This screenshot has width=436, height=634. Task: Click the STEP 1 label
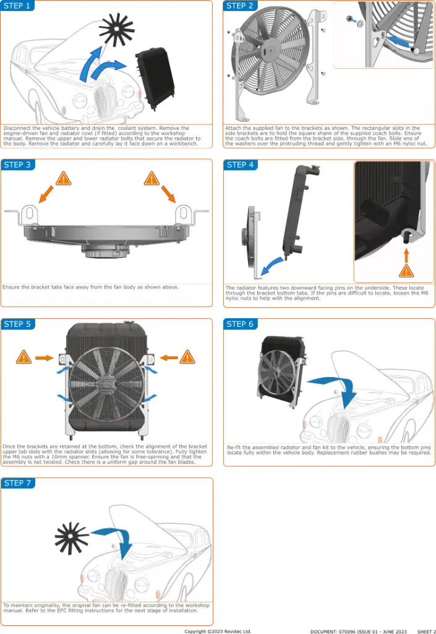[17, 6]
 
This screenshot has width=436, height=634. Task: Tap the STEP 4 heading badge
[241, 165]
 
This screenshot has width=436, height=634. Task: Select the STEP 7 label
[17, 483]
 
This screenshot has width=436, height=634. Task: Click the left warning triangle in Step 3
[63, 179]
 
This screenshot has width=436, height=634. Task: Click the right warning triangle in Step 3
[152, 179]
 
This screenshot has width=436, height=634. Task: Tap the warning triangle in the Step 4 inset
[406, 271]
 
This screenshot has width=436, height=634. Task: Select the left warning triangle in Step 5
[24, 357]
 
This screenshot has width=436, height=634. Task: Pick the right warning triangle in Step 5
[187, 357]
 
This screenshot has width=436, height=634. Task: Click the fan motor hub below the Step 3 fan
[106, 251]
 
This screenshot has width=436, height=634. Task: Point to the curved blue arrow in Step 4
[271, 267]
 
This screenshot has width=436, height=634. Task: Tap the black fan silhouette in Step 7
[71, 537]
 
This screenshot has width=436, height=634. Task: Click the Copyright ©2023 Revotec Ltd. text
[218, 631]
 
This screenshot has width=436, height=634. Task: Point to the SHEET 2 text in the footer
[426, 631]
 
